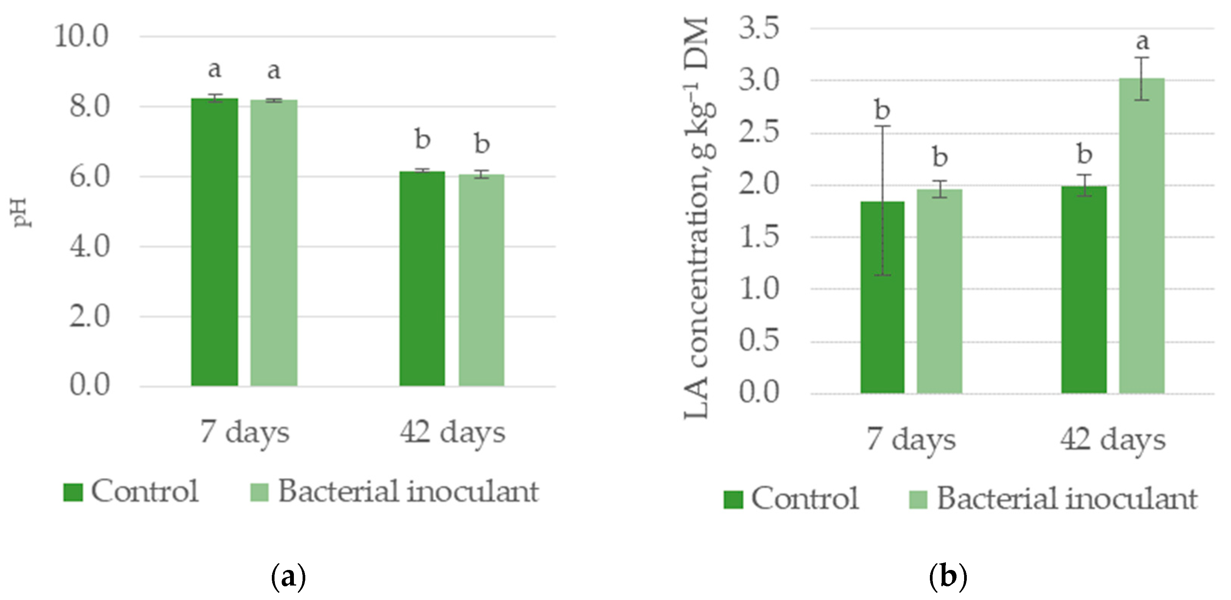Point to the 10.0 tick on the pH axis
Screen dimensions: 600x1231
pyautogui.click(x=81, y=36)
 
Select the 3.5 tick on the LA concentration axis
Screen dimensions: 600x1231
pyautogui.click(x=759, y=28)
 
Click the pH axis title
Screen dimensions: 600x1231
pyautogui.click(x=21, y=212)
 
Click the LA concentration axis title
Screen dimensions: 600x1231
pyautogui.click(x=697, y=218)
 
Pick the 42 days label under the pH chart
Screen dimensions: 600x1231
pyautogui.click(x=452, y=433)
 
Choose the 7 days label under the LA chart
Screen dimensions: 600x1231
pyautogui.click(x=911, y=440)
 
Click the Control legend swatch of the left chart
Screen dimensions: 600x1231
pyautogui.click(x=73, y=492)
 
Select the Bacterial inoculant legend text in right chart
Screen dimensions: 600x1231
pyautogui.click(x=1067, y=499)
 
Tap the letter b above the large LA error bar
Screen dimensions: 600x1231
pyautogui.click(x=882, y=110)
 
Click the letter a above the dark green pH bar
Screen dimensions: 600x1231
pyautogui.click(x=214, y=70)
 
